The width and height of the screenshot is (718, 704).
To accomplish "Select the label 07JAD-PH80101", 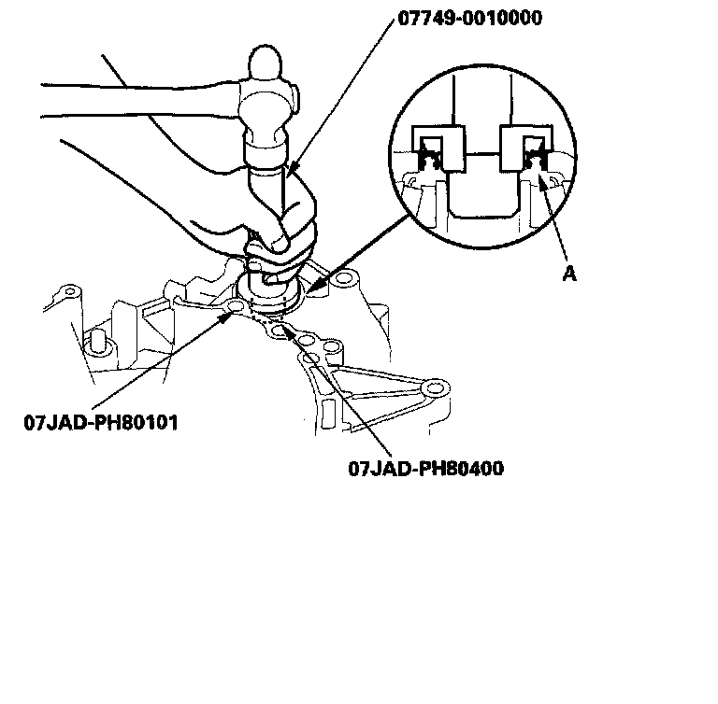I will pyautogui.click(x=101, y=422).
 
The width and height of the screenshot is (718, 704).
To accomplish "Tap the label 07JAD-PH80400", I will pyautogui.click(x=425, y=468).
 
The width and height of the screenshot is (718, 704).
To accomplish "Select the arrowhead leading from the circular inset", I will pyautogui.click(x=308, y=293).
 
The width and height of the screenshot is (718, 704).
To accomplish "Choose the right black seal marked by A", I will pyautogui.click(x=538, y=153).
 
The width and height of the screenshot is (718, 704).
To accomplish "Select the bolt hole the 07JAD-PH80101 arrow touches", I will pyautogui.click(x=237, y=306).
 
